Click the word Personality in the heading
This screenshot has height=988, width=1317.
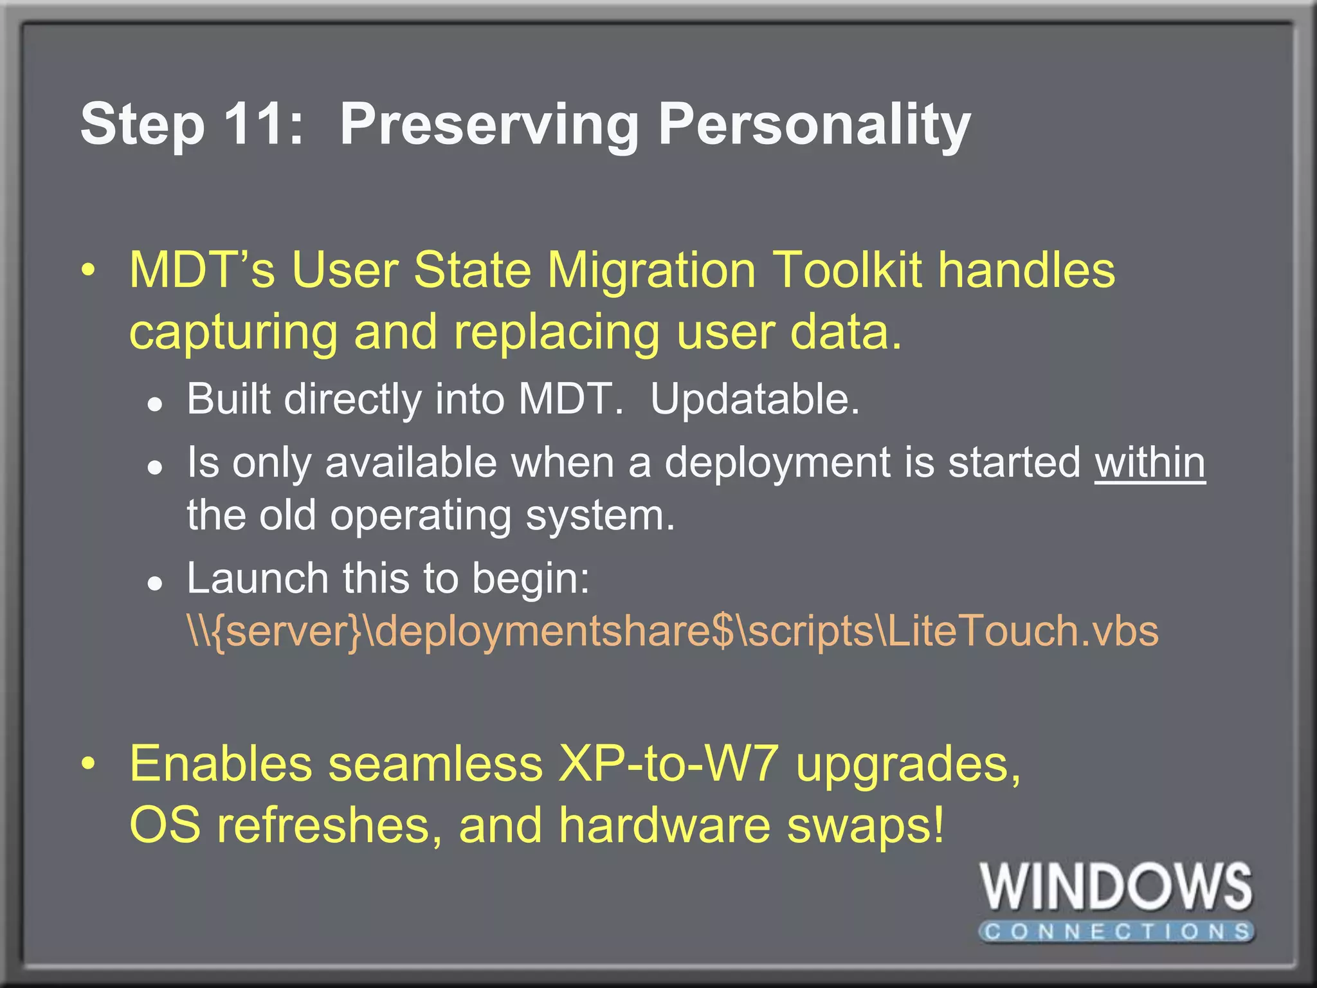coord(813,125)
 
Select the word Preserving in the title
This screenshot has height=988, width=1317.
coord(489,125)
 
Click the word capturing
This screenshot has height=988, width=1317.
coord(233,333)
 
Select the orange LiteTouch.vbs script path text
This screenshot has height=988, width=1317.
coord(672,630)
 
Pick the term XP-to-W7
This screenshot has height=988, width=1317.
coord(669,764)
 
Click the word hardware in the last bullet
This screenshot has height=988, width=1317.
coord(664,825)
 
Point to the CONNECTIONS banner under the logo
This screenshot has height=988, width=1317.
coord(1116,931)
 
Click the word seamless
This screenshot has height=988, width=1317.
coord(435,764)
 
